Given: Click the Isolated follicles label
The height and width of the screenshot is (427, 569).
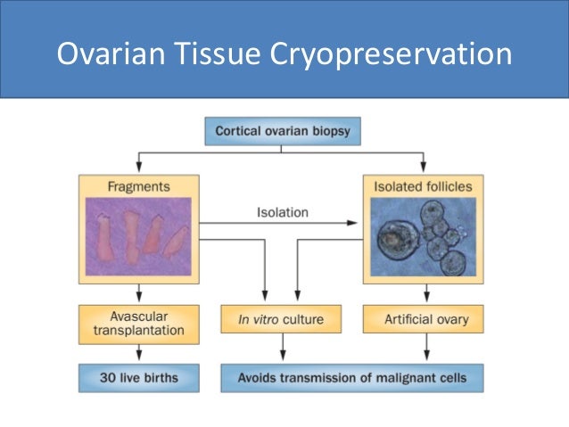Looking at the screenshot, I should [x=424, y=187].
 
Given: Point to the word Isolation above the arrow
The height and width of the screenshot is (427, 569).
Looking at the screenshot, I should [x=282, y=212].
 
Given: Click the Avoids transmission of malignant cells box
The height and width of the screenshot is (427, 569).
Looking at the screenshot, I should [x=355, y=378].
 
